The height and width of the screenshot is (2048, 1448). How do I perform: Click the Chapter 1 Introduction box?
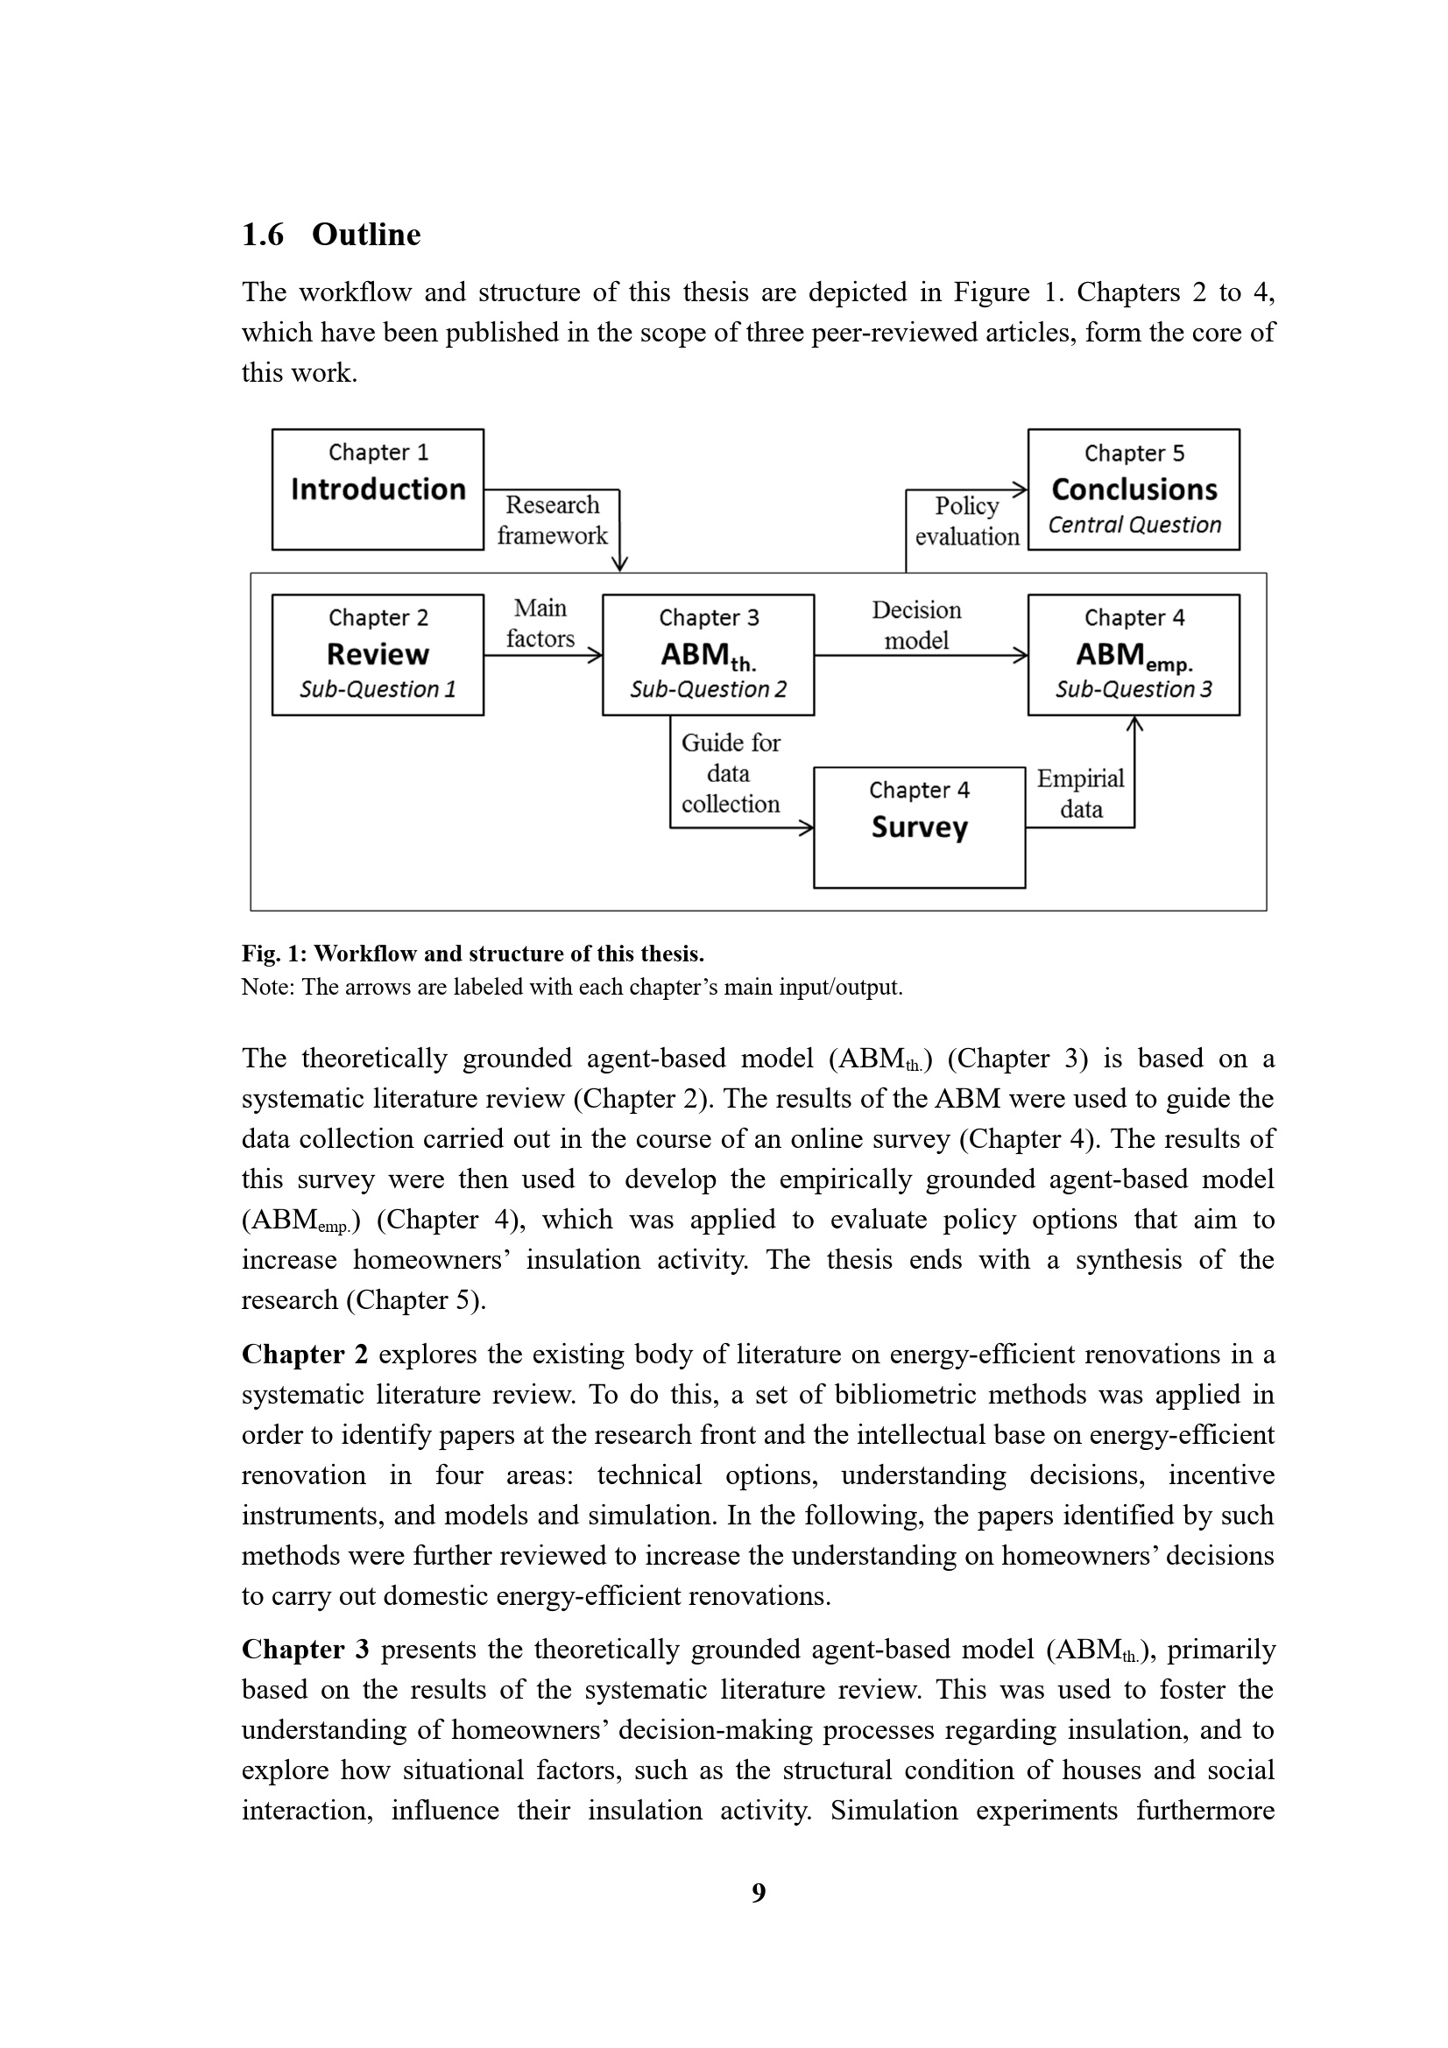pos(378,489)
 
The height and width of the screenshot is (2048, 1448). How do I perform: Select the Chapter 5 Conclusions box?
pos(1133,489)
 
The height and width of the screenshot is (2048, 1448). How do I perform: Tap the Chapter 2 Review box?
pos(378,654)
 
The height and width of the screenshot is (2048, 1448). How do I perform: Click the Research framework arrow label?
pos(552,520)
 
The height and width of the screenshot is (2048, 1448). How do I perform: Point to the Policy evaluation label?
pos(967,521)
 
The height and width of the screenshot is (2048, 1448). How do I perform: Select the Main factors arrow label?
pos(540,623)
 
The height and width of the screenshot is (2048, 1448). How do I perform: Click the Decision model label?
pos(916,624)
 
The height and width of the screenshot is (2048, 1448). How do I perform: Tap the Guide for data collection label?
pos(730,772)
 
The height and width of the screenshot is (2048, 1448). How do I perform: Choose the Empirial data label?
pos(1080,793)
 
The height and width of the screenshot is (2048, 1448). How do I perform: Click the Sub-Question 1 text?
pos(378,689)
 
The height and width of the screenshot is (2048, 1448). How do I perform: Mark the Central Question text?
pos(1134,524)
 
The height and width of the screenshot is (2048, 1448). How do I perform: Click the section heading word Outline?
pos(366,235)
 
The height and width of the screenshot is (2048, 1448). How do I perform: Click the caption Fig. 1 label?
pos(274,954)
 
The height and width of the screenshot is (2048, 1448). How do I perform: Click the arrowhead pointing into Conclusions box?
pos(1020,489)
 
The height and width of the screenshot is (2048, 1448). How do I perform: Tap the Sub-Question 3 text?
pos(1134,689)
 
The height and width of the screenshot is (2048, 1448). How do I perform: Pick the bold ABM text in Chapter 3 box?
pos(695,654)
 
